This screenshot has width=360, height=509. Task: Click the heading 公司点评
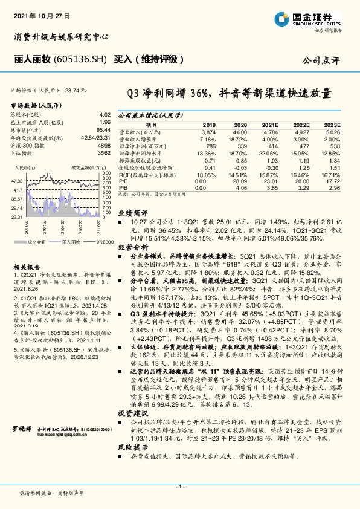[x=323, y=60]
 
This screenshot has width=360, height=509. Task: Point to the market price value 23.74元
[x=76, y=90]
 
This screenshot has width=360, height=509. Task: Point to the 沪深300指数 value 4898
[x=104, y=146]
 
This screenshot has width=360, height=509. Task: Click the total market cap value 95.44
[x=103, y=130]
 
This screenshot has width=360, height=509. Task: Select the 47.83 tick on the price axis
[x=17, y=181]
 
